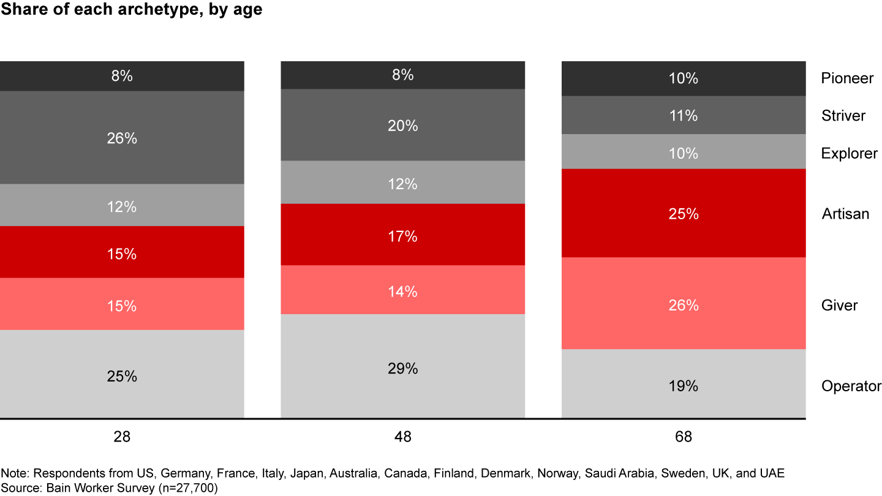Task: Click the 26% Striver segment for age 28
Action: pyautogui.click(x=122, y=138)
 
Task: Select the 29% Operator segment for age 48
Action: pyautogui.click(x=402, y=367)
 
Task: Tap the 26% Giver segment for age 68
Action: pyautogui.click(x=683, y=304)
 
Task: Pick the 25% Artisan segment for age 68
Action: pyautogui.click(x=683, y=213)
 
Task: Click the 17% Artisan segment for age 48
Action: pyautogui.click(x=402, y=235)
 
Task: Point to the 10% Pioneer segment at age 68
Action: pyautogui.click(x=683, y=78)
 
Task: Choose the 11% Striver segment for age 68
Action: pyautogui.click(x=683, y=115)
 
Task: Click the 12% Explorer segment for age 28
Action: pyautogui.click(x=122, y=206)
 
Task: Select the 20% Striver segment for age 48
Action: pyautogui.click(x=402, y=125)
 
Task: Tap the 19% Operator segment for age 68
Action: pyautogui.click(x=683, y=385)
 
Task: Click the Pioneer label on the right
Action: pyautogui.click(x=847, y=78)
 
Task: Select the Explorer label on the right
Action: pyautogui.click(x=849, y=153)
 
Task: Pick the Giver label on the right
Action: pyautogui.click(x=839, y=305)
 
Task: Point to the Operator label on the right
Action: pyautogui.click(x=851, y=386)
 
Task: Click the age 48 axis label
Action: pyautogui.click(x=402, y=437)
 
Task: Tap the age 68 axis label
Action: pyautogui.click(x=683, y=437)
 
